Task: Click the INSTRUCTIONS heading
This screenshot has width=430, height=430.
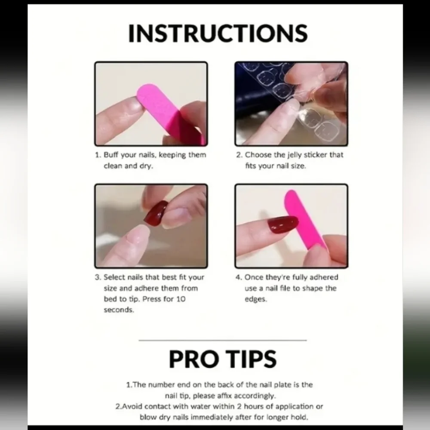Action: [218, 33]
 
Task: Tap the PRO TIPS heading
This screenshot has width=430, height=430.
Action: [223, 359]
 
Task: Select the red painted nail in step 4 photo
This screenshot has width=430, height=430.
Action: [283, 224]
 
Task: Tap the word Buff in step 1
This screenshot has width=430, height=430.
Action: [111, 155]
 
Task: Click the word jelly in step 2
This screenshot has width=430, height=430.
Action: [294, 155]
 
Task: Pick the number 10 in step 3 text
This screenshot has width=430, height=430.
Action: [181, 299]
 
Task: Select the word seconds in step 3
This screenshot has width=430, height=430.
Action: [119, 310]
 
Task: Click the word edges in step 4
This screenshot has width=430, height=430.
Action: [255, 299]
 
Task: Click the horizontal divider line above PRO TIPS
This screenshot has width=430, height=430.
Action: [223, 340]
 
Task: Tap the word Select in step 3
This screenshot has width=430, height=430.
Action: [114, 277]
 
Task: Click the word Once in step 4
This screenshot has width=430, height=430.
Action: [254, 277]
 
